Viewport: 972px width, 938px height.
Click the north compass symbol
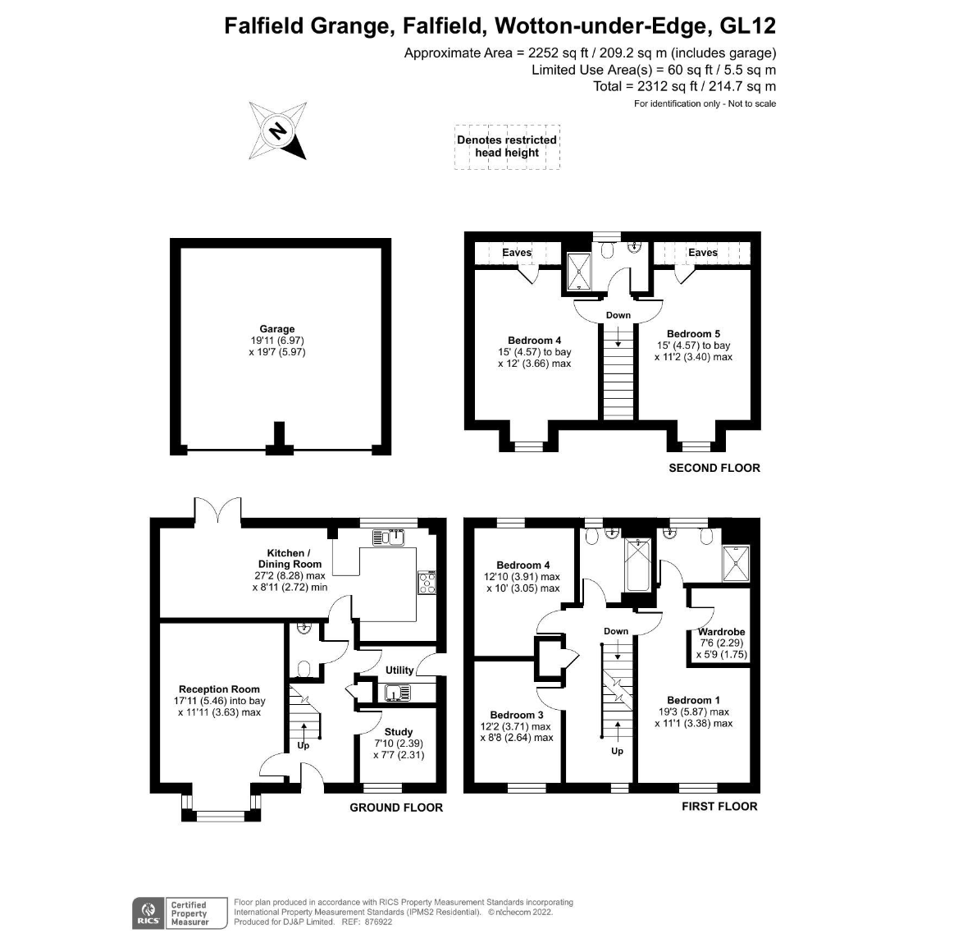(x=278, y=131)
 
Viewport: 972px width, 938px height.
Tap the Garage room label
(x=277, y=329)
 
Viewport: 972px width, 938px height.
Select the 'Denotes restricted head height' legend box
(x=507, y=147)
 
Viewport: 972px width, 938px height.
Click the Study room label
(x=399, y=732)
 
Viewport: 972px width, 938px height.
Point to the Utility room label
(x=399, y=670)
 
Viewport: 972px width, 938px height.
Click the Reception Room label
(x=219, y=689)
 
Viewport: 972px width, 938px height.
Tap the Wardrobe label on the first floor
(x=721, y=632)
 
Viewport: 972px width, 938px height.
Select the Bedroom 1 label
(x=693, y=700)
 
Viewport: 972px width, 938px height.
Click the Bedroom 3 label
(x=517, y=715)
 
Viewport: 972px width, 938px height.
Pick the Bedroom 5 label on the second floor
(x=693, y=334)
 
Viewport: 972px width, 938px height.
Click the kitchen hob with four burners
(x=427, y=583)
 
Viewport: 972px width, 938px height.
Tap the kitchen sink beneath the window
(x=388, y=538)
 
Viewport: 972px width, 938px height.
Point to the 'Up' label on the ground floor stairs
(x=303, y=746)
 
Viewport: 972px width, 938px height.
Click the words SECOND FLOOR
(x=714, y=468)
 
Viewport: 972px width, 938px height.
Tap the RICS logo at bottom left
(x=148, y=913)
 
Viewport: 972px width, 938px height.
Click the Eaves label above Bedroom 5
(x=702, y=253)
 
